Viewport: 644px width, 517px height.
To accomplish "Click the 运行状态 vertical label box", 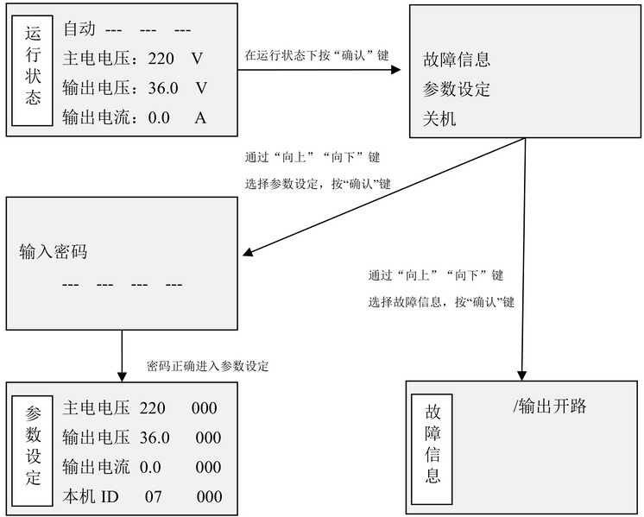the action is pos(33,71).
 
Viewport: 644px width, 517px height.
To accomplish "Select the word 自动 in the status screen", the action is pos(79,28).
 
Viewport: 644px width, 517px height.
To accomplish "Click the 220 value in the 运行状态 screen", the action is pos(161,59).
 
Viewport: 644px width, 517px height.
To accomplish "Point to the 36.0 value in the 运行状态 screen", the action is pos(163,88).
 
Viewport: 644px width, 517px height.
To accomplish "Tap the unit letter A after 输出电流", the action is pos(200,118).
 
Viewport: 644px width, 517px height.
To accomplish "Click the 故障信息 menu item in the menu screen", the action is pos(457,60).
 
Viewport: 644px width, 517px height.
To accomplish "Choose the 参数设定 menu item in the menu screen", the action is pos(457,89).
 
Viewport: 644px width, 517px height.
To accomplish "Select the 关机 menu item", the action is pos(439,118).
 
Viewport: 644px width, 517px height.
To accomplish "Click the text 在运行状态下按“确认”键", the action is pos(317,55).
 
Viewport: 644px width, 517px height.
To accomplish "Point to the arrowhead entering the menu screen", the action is pos(395,69).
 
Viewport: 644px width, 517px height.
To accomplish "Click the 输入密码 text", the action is pos(54,251).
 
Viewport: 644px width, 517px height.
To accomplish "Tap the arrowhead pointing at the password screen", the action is pos(248,251).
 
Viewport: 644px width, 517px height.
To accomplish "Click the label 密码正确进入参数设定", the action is pos(208,366).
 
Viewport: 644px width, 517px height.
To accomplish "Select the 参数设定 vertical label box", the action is pos(33,451).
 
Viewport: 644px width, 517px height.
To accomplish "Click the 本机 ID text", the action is pos(91,496).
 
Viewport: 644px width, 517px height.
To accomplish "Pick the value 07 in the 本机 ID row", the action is pos(153,497).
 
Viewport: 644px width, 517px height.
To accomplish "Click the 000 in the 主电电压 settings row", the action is pos(204,407).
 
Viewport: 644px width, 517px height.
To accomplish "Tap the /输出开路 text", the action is pos(550,407).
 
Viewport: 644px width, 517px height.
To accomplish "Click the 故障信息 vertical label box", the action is pos(432,449).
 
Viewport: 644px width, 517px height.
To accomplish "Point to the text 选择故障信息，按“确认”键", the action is pos(441,302).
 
